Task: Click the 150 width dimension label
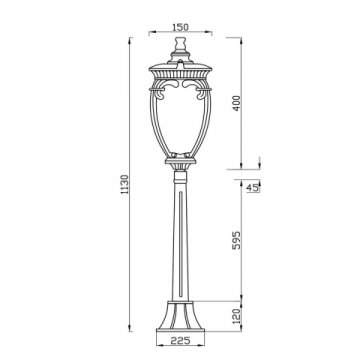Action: [x=180, y=27]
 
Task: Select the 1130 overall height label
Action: [x=125, y=185]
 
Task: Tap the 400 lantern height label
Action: [x=236, y=103]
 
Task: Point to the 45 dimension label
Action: [x=252, y=188]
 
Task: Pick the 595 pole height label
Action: [x=236, y=240]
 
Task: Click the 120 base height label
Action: [x=236, y=316]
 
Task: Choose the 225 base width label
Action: [x=180, y=340]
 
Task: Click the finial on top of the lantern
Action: [x=180, y=44]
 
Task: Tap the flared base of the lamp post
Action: [x=180, y=317]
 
